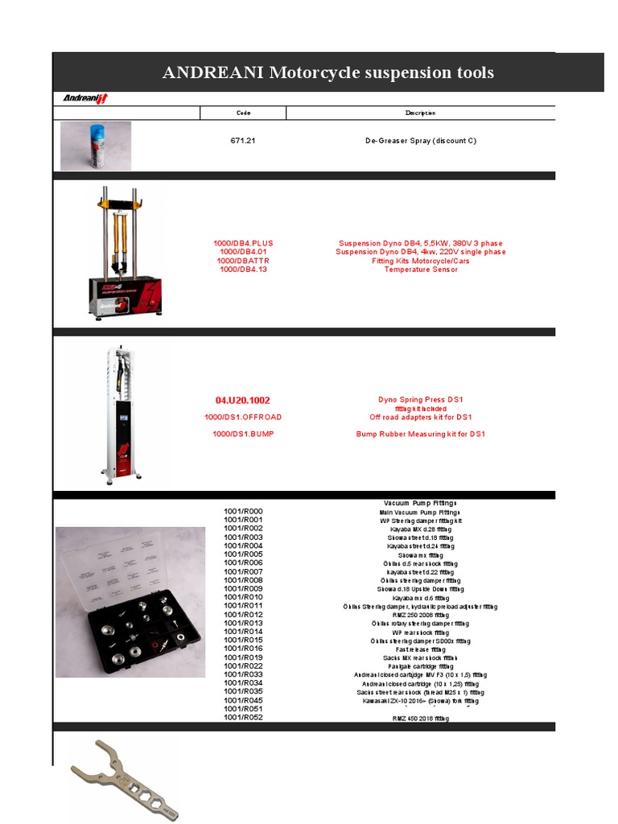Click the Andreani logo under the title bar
point(86,98)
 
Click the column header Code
point(243,113)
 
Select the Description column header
point(420,113)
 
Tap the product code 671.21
point(243,141)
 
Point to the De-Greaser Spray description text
point(420,141)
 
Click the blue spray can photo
point(96,146)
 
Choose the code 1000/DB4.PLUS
point(243,243)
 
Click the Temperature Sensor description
point(420,270)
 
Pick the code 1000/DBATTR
point(243,261)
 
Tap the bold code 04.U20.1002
point(243,400)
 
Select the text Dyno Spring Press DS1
point(420,400)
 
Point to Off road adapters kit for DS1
point(420,417)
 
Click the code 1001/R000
point(243,512)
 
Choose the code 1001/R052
point(243,718)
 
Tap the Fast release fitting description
point(420,649)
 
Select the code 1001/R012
point(243,615)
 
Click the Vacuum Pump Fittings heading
point(420,503)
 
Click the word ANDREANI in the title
point(212,73)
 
